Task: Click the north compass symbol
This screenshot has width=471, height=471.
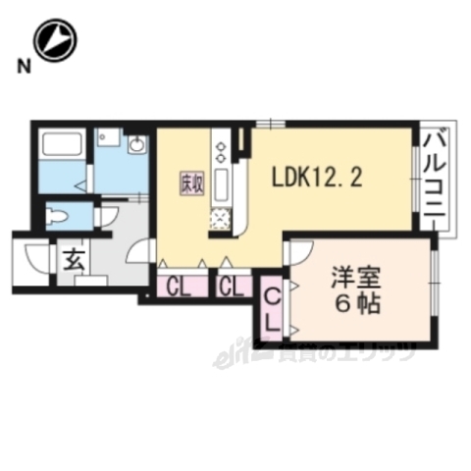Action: coord(54,38)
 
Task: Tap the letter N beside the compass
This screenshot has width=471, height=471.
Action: coord(21,66)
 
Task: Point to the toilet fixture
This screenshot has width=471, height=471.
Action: coord(62,214)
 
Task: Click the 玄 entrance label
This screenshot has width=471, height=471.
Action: coord(73,261)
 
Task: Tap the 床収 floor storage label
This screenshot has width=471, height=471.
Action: coord(189,183)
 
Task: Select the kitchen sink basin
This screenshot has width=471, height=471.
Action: coord(221,183)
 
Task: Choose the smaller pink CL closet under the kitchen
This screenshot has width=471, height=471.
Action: coord(233,288)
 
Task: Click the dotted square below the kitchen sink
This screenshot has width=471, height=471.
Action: coord(221,218)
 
